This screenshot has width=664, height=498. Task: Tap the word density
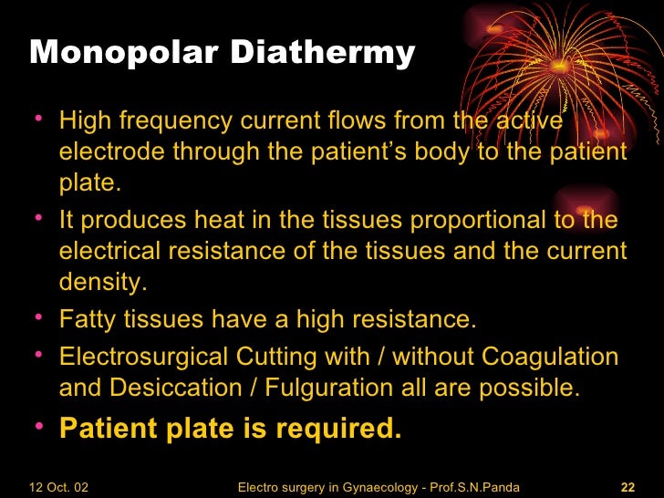(102, 283)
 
